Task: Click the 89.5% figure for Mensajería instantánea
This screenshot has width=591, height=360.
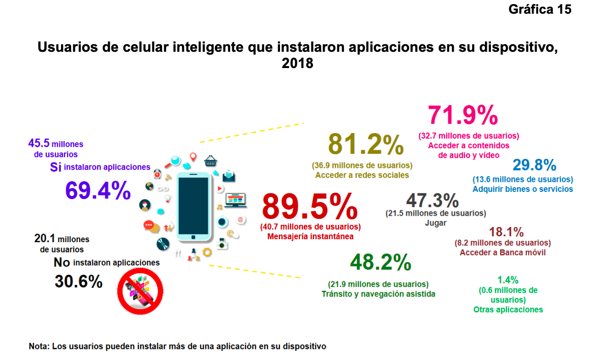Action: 310,207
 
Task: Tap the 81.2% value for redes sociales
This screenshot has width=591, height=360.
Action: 366,144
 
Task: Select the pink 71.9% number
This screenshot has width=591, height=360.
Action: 462,115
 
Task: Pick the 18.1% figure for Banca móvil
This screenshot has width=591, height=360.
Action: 506,232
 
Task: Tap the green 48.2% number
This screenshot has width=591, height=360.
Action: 381,263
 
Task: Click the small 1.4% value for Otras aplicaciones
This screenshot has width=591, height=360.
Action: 508,280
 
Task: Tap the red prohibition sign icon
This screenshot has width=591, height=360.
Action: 140,291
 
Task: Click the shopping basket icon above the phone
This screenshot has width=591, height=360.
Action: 211,161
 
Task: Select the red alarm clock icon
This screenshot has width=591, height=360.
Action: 158,174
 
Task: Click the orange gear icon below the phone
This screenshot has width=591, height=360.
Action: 207,252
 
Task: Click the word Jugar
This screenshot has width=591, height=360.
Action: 436,222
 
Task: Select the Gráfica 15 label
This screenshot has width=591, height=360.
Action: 540,9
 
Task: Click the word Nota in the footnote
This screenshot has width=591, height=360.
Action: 38,346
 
